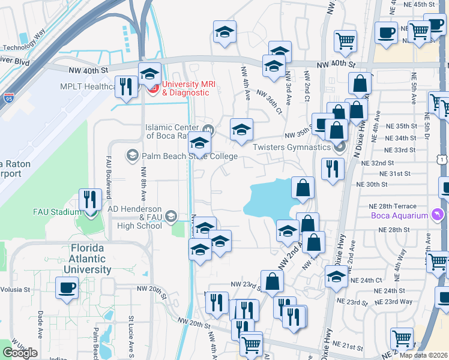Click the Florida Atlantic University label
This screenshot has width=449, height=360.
[x=91, y=259]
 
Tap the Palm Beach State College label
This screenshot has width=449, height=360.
[x=189, y=157]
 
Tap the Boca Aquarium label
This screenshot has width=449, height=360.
[x=399, y=216]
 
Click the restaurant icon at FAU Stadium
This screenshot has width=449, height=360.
[x=91, y=199]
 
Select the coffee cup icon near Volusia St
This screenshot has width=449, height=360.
[x=67, y=286]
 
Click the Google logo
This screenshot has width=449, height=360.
[x=20, y=353]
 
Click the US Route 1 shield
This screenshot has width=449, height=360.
[x=442, y=159]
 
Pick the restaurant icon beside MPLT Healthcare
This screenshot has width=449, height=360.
[x=125, y=86]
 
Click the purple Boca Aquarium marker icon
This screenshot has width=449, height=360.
[x=438, y=215]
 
